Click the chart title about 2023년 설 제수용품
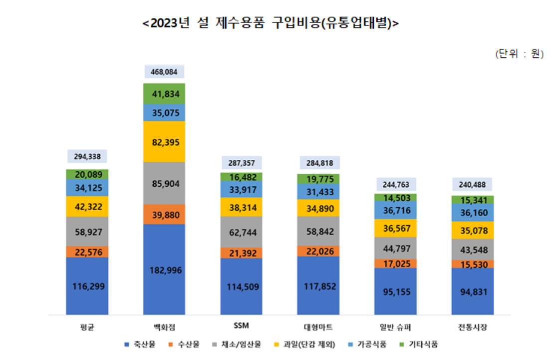tap(271, 23)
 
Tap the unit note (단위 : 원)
tap(520, 53)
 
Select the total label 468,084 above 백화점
tap(164, 71)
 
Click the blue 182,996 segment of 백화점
tap(164, 270)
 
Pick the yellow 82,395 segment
tap(164, 142)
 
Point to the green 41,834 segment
tap(164, 94)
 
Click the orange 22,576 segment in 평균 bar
tap(87, 252)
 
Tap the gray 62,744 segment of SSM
tap(242, 232)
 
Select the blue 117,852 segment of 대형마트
tap(318, 286)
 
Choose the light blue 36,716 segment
tap(395, 210)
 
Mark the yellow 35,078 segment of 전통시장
tap(473, 230)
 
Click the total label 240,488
tap(472, 184)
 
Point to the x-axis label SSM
tap(242, 326)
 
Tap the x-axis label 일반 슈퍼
tap(395, 327)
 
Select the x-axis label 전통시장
tap(473, 327)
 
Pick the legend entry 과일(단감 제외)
tap(304, 345)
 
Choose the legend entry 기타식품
tap(419, 345)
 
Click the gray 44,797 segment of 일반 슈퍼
tap(395, 248)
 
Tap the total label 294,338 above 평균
tap(87, 156)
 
